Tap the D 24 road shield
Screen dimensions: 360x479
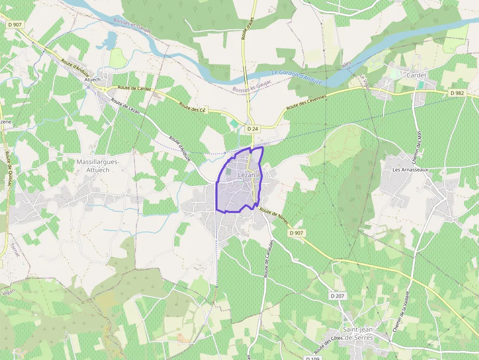(252, 128)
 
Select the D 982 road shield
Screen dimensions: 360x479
(457, 93)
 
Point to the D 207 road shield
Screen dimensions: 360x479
(337, 296)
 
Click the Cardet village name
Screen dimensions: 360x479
(416, 75)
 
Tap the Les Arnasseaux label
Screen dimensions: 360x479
(410, 169)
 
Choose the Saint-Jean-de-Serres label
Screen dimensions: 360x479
(358, 334)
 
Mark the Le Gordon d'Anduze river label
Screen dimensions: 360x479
(296, 77)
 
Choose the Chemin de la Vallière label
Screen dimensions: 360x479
(401, 311)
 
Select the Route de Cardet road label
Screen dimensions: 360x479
(134, 89)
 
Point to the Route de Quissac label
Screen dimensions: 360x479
(8, 169)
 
